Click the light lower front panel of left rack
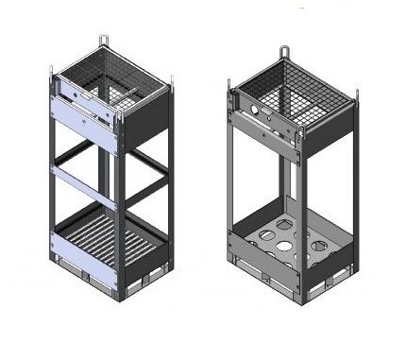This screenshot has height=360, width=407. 85,270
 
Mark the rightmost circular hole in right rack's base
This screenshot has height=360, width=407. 319,249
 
